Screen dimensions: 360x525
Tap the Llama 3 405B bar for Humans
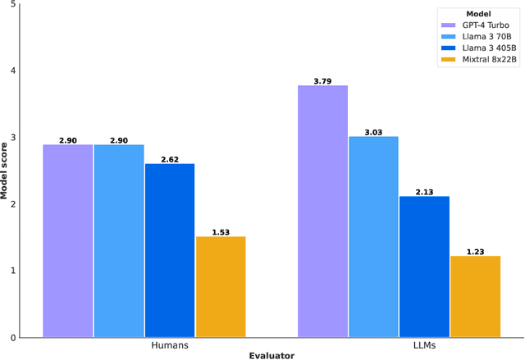click(x=170, y=250)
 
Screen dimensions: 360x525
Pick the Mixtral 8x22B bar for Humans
click(x=221, y=286)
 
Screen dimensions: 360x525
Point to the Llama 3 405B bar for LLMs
click(x=424, y=267)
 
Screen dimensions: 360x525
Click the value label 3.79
click(x=322, y=80)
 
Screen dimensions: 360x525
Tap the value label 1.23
click(x=475, y=251)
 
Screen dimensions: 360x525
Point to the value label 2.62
click(x=170, y=159)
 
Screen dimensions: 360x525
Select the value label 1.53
click(x=221, y=231)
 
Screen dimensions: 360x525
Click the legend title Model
click(x=478, y=14)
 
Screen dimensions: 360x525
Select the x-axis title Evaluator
click(x=272, y=355)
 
